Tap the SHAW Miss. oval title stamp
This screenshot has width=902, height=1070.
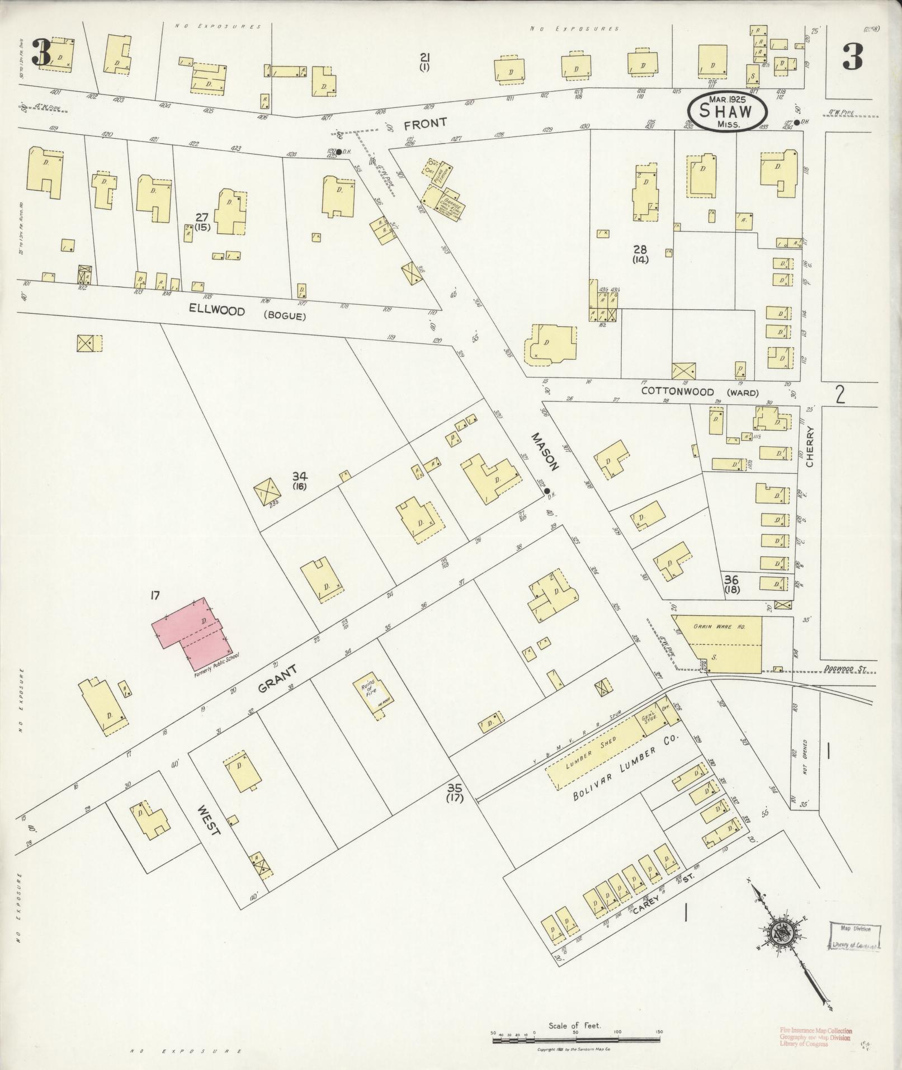click(x=726, y=111)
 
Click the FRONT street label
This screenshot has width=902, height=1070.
click(x=426, y=122)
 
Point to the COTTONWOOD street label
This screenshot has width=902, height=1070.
click(x=677, y=392)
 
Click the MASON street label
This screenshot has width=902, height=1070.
click(x=545, y=451)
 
